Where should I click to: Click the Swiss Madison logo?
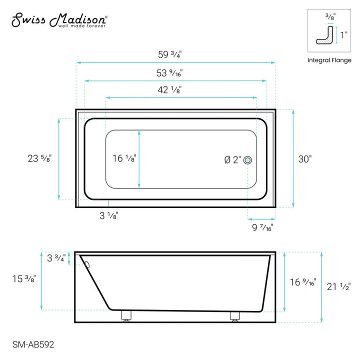tap(59, 19)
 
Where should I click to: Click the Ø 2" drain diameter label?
tap(232, 160)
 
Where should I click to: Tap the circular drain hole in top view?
tap(248, 160)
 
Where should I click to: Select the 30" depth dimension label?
tap(304, 159)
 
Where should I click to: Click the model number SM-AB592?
tap(33, 344)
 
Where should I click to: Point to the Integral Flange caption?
tap(329, 60)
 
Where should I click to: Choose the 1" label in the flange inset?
tap(343, 35)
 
